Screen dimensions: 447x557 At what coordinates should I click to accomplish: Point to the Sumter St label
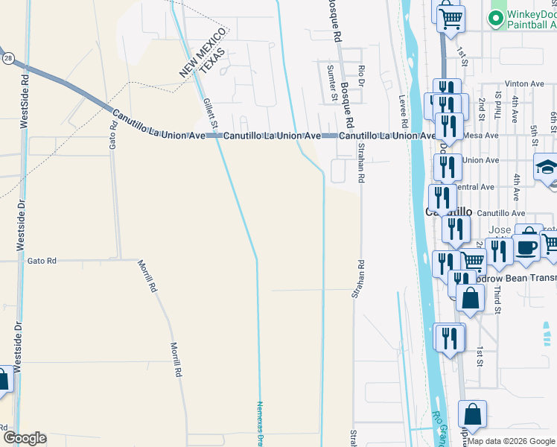click(x=331, y=82)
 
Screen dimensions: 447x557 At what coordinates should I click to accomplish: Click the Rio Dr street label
click(x=361, y=78)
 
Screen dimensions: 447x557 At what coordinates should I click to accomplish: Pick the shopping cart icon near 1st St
click(x=450, y=16)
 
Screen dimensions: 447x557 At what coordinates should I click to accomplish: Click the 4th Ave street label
click(x=516, y=188)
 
